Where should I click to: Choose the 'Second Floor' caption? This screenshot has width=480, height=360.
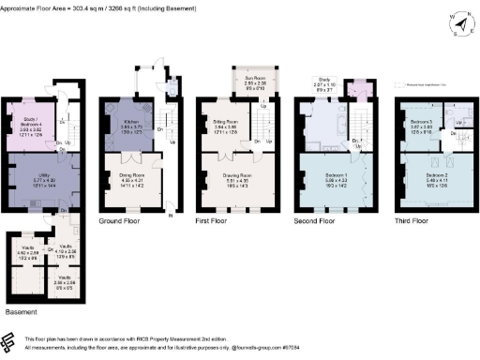pyautogui.click(x=318, y=219)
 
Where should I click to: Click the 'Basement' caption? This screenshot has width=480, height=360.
pyautogui.click(x=21, y=310)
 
